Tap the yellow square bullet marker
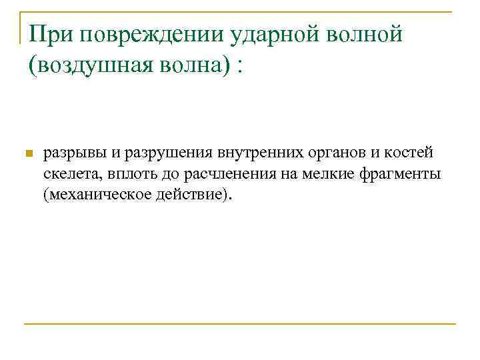[27, 155]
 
